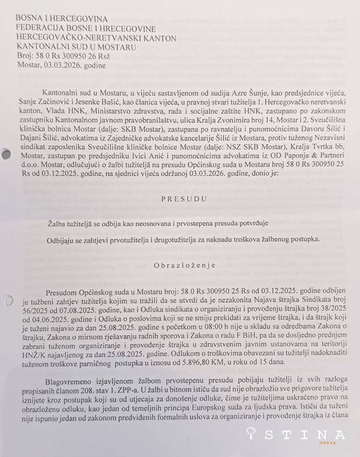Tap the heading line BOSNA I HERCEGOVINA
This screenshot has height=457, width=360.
point(62,18)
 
